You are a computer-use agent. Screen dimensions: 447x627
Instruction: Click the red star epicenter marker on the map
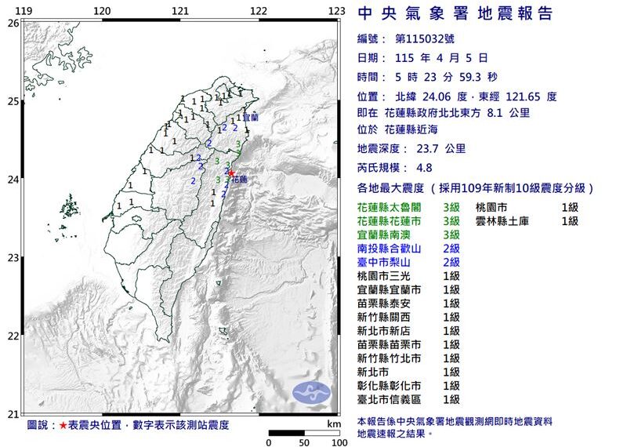(x=230, y=173)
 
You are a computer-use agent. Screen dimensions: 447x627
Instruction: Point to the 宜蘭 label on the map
(x=250, y=117)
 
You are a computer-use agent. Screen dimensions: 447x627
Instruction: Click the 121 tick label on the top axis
(x=180, y=10)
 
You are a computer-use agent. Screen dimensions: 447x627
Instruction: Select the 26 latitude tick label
(x=13, y=24)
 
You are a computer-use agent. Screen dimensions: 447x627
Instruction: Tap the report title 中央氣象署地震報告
(x=455, y=13)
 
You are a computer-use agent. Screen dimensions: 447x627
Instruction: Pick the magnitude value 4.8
(x=447, y=168)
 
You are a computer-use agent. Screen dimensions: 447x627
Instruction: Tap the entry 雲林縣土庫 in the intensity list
(x=507, y=221)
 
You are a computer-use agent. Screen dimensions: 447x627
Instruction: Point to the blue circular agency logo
(x=312, y=393)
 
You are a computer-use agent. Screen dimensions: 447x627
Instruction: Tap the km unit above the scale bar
(x=335, y=423)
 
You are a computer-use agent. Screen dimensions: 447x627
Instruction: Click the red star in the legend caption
(x=63, y=425)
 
